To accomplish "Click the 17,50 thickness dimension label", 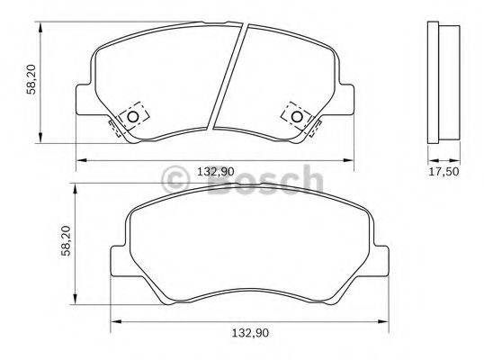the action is (444, 171).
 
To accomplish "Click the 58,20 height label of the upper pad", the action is (31, 79).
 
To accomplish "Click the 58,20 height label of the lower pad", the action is (66, 241).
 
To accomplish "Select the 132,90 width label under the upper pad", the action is (216, 171).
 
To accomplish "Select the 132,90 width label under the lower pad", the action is (250, 333).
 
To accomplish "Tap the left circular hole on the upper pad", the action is (133, 117).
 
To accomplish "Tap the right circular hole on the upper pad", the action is (297, 117).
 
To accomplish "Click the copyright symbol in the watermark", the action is (175, 180).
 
